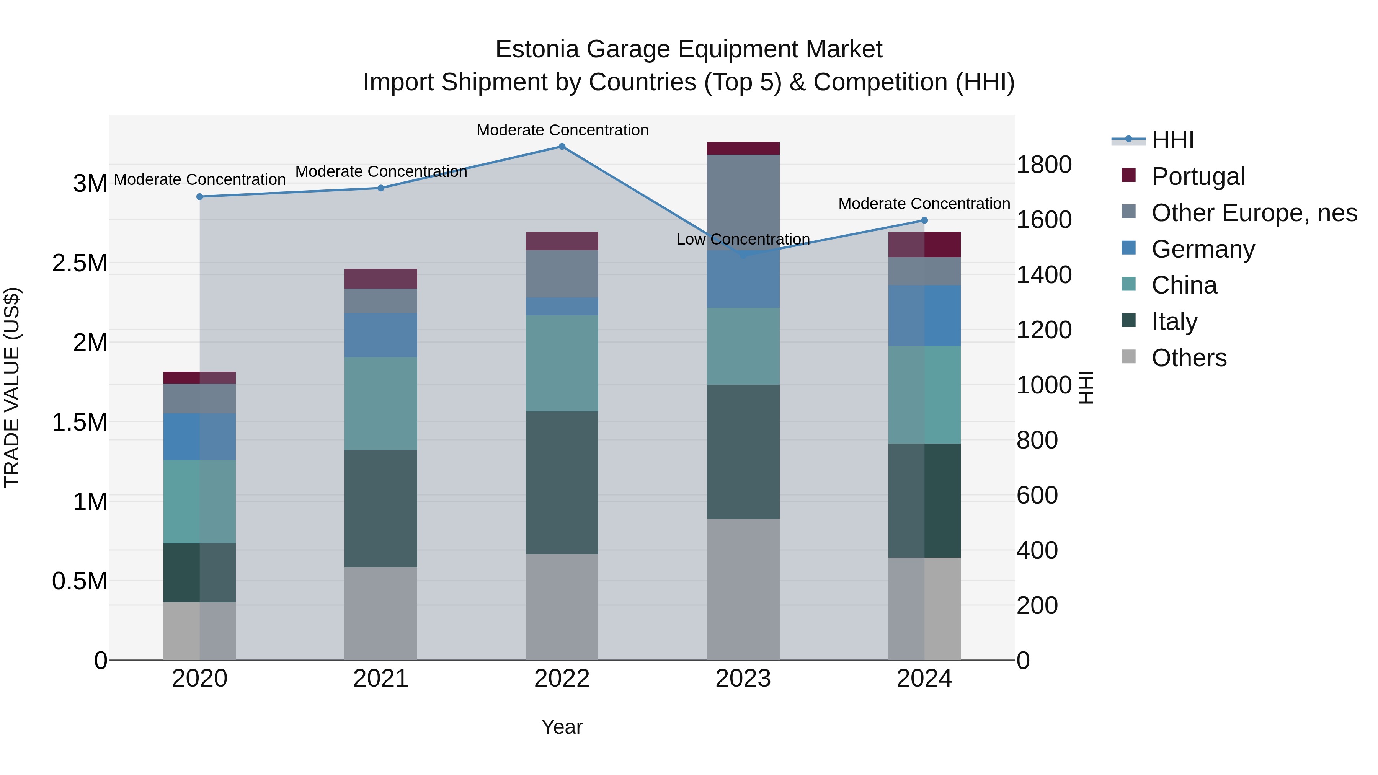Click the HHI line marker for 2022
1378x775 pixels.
pos(562,147)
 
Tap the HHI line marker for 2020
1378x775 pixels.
pos(199,197)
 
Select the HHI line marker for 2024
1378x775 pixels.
pos(924,220)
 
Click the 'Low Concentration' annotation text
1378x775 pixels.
pos(743,239)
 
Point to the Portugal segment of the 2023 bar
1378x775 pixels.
pos(743,148)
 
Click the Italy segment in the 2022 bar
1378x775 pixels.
pos(562,483)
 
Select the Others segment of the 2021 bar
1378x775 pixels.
pos(380,613)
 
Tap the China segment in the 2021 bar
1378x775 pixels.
pos(380,404)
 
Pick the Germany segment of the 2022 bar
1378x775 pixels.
pos(562,307)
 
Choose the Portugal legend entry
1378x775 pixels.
pos(1198,176)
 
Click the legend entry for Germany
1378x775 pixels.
pos(1203,249)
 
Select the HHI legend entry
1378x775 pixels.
pos(1172,140)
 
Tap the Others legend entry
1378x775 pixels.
pos(1189,358)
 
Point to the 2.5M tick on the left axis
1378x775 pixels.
pos(79,263)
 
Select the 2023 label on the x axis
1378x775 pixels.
pos(743,679)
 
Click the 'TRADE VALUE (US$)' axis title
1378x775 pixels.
pos(12,387)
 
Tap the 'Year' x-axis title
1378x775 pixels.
pos(562,727)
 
